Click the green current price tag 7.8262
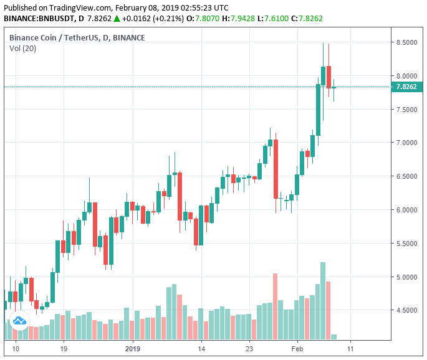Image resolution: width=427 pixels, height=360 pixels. pos(408,87)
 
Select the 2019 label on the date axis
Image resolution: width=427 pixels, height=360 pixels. pos(133,349)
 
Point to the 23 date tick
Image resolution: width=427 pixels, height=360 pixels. pos(249,349)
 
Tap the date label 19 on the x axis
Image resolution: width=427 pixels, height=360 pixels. pos(64,349)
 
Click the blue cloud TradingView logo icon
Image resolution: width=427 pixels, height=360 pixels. pos(19,320)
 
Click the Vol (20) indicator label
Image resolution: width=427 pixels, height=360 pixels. pos(22,48)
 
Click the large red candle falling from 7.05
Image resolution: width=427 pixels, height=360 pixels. pos(275,169)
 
